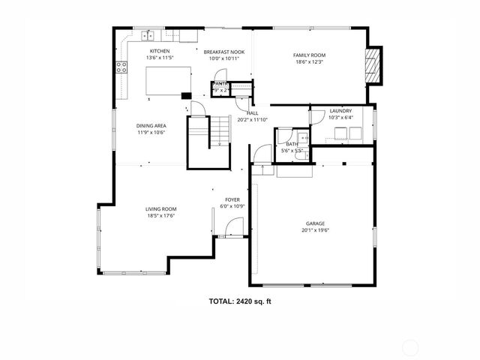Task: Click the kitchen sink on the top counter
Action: click(x=148, y=34)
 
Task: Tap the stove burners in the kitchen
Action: click(x=120, y=67)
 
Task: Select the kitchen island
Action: click(x=165, y=81)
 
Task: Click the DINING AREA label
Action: click(x=151, y=125)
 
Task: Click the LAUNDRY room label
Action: click(x=340, y=111)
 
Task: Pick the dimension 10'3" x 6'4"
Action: click(x=340, y=118)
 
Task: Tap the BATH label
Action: click(x=292, y=144)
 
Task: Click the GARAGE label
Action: click(x=315, y=223)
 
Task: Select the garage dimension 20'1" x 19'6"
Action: click(x=315, y=230)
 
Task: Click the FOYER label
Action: click(x=232, y=199)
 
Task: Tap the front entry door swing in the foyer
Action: click(x=235, y=226)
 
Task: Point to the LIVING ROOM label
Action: click(x=160, y=209)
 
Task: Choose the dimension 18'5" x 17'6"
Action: click(x=160, y=216)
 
